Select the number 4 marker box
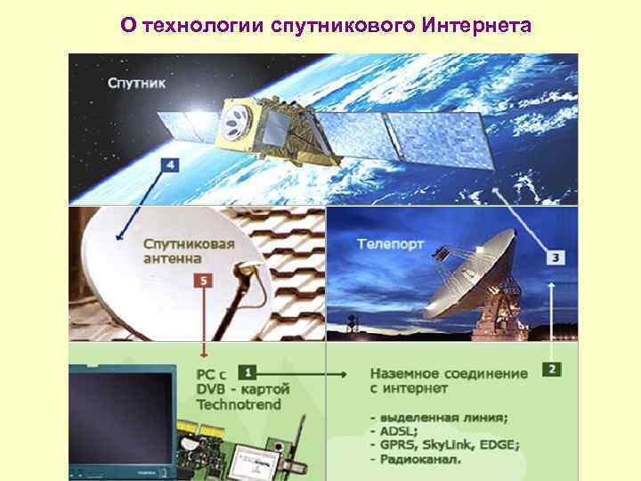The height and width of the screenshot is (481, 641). pos(169,165)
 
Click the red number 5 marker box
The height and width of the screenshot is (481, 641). pos(206,281)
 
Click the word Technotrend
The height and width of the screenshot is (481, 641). pos(239,404)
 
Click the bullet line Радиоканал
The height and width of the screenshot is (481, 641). pos(415,460)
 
